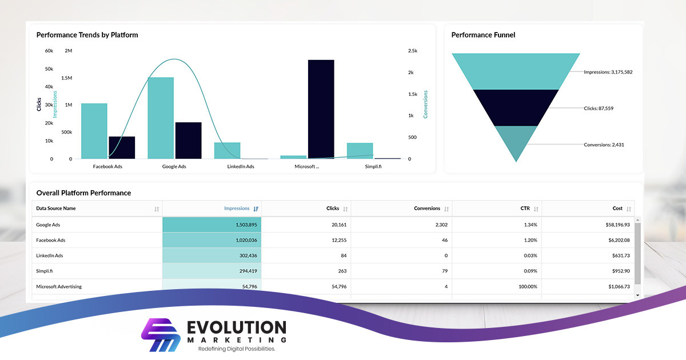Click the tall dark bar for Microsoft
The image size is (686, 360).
pos(321,109)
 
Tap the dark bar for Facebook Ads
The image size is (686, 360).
pos(122,147)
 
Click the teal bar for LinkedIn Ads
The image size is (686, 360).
pos(227,150)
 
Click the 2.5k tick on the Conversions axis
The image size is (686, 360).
pos(413,51)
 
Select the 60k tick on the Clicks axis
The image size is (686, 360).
pos(49,51)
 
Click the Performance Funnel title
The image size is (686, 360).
pos(483,35)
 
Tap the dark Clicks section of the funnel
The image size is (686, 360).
pos(516,107)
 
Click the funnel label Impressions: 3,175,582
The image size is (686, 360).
pos(608,72)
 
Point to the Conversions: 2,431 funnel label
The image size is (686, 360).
pos(604,145)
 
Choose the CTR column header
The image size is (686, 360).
pos(525,209)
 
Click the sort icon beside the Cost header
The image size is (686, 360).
pos(629,209)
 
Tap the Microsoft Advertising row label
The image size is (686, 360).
pos(59,286)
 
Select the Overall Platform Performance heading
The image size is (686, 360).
pos(83,193)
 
